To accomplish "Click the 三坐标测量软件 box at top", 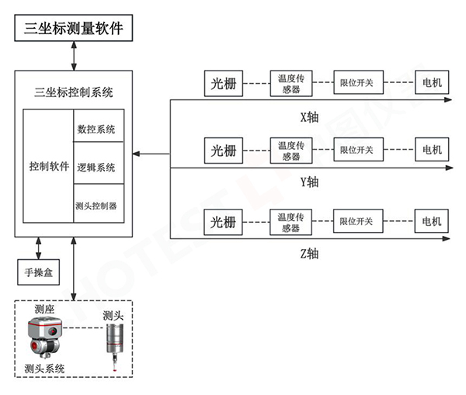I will coord(74,29).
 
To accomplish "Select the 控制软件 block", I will coord(48,167).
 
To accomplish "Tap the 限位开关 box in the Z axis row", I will coord(356,223).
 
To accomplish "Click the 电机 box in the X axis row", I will coord(430,81).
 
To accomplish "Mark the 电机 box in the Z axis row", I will coord(430,223).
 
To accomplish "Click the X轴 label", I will coord(309,118).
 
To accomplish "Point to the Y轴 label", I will coord(309,183).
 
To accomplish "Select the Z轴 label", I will coord(309,254).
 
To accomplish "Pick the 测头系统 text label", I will coord(44,368).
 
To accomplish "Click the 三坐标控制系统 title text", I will coord(75,92).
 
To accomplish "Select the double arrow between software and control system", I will coord(74,56).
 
